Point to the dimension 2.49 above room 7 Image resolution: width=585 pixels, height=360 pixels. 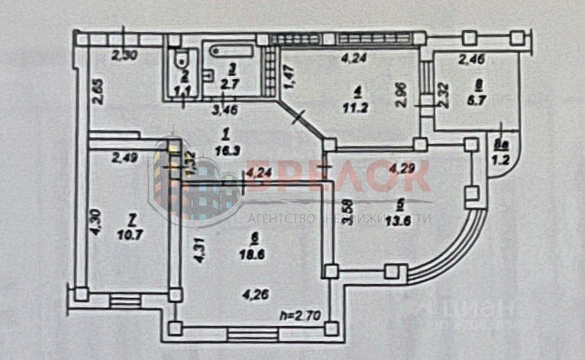click(124, 158)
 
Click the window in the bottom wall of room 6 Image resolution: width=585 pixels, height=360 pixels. click(253, 334)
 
